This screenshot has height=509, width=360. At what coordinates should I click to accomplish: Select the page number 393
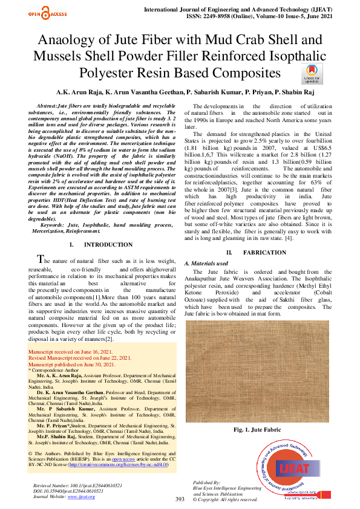[x=180, y=499]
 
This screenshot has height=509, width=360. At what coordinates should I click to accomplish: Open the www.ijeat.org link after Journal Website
[x=77, y=496]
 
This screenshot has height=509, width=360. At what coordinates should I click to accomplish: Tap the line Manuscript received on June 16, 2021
[x=70, y=351]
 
